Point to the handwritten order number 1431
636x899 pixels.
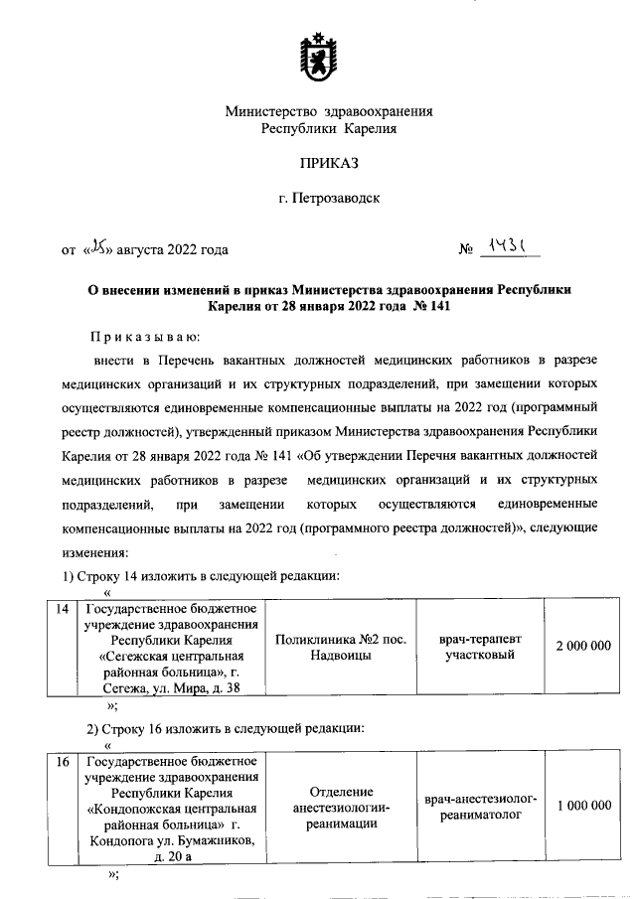coord(505,245)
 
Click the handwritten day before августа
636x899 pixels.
coord(96,247)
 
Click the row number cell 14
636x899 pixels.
coord(61,609)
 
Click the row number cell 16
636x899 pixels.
coord(61,763)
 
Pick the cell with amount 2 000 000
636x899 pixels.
coord(583,647)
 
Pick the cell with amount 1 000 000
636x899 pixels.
coord(583,806)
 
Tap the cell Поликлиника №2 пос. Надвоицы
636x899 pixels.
coord(341,648)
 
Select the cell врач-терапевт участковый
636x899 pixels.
coord(480,648)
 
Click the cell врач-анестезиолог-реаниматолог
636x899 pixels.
coord(480,807)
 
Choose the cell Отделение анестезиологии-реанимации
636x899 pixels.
coord(341,807)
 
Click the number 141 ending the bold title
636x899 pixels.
coord(440,306)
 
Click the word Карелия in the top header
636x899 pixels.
coord(377,129)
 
